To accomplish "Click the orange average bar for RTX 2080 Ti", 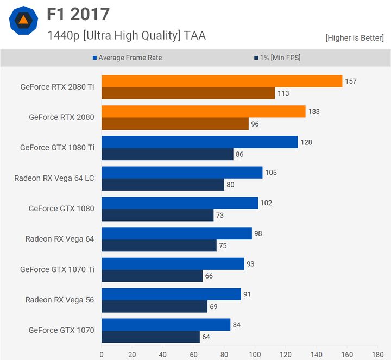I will [x=222, y=81].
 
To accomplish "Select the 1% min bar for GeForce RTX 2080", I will [x=175, y=124].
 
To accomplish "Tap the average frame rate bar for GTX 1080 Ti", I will [x=199, y=142].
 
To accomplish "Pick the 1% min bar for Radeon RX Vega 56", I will [x=154, y=306].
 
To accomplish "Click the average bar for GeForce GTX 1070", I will [x=166, y=325].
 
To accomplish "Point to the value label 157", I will [x=351, y=81].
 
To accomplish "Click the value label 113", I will [x=283, y=93].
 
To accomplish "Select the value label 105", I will [x=271, y=173].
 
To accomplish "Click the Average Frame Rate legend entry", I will [x=129, y=58].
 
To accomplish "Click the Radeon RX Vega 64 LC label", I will [x=54, y=178].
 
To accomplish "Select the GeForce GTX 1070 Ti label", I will [x=57, y=269].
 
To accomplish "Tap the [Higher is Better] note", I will [x=354, y=38].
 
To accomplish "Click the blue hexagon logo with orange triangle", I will [x=23, y=21].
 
